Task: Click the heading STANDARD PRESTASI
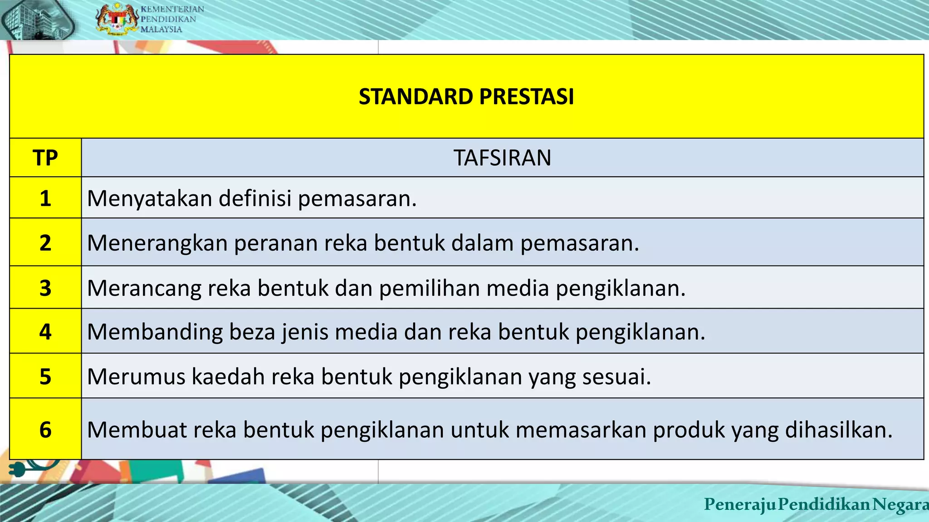[466, 97]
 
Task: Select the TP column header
[45, 158]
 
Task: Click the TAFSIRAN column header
[502, 158]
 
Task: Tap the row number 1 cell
[45, 198]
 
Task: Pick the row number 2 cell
[45, 242]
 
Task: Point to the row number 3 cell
[45, 288]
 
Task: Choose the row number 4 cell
[45, 331]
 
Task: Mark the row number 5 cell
[45, 376]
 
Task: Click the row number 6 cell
[45, 429]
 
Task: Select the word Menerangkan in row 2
[157, 243]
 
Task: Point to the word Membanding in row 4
[155, 332]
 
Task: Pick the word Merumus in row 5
[136, 377]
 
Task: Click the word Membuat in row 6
[137, 430]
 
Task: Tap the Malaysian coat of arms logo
[117, 19]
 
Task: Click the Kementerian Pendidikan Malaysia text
[172, 19]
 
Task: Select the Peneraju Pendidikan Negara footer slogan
[816, 504]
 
